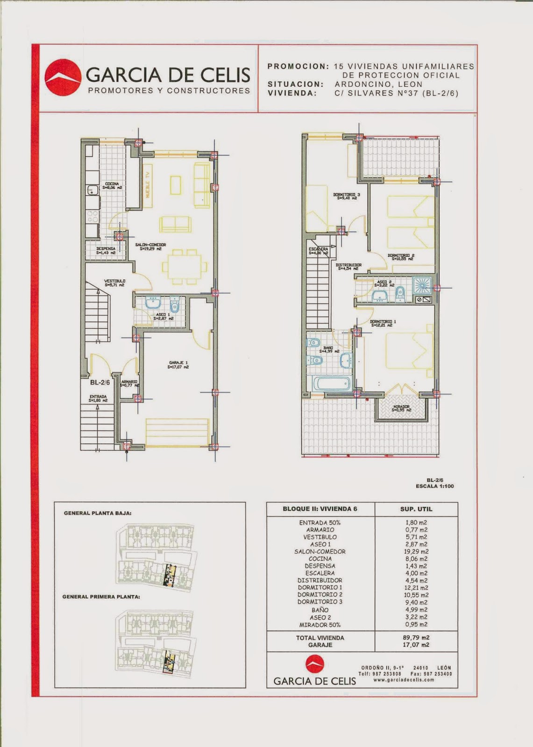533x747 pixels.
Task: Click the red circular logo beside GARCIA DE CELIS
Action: coord(63,78)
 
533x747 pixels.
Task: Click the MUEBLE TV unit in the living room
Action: coord(148,185)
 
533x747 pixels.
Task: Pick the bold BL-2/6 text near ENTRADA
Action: coord(100,382)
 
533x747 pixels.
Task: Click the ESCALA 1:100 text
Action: coord(434,486)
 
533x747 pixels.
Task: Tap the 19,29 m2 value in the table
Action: coord(416,551)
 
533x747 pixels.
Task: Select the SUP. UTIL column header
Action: coord(416,509)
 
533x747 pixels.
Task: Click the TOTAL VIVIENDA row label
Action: coord(320,638)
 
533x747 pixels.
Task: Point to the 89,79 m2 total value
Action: coord(416,637)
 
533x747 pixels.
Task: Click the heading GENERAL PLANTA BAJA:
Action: coord(98,513)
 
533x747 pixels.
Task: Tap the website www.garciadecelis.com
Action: coord(404,680)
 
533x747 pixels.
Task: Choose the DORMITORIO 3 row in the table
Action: coord(320,602)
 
